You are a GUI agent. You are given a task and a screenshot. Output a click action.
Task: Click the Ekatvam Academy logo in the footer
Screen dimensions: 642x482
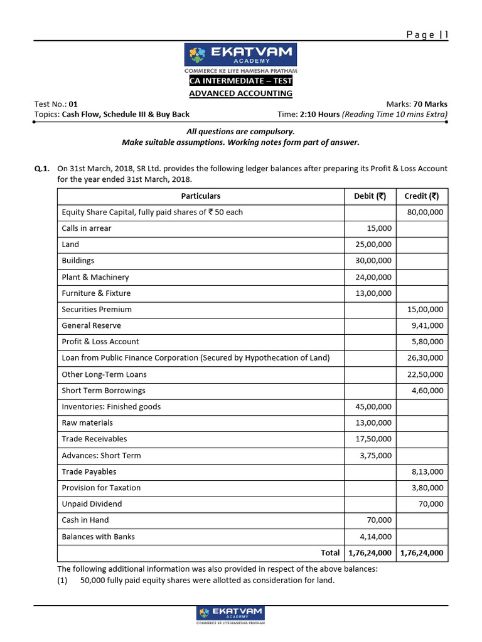(x=230, y=615)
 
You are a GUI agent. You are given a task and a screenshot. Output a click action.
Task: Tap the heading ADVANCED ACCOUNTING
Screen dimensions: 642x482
(x=241, y=93)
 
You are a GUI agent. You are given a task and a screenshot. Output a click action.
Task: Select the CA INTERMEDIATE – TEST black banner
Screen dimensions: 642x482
(x=241, y=81)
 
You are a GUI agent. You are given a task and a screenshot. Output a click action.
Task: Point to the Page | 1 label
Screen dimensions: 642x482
(x=427, y=35)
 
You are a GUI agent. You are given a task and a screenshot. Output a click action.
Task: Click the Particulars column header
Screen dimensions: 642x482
(x=201, y=196)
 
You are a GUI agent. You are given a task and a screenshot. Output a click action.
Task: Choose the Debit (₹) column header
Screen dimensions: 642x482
(x=370, y=196)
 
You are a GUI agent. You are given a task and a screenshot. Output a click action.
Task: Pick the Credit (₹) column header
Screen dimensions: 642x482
(x=422, y=196)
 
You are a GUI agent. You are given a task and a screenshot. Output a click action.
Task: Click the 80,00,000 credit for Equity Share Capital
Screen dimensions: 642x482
(x=425, y=213)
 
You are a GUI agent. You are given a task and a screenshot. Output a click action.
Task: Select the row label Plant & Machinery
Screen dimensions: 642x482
(x=95, y=277)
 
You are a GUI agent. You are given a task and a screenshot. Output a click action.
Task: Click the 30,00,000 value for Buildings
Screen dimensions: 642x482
(x=373, y=261)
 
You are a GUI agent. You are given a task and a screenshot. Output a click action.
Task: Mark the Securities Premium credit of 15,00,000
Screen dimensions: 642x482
(x=425, y=310)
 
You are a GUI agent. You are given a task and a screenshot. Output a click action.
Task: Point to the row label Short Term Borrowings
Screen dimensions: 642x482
(x=104, y=391)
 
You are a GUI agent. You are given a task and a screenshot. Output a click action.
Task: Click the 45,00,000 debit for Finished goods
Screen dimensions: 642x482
(x=373, y=407)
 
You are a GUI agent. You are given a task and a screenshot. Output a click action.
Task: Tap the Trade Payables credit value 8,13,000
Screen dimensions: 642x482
(x=427, y=471)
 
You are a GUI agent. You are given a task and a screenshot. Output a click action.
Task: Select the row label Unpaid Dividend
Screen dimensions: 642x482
(x=92, y=504)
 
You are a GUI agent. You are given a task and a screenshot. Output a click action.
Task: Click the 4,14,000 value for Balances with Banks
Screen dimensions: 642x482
(x=376, y=537)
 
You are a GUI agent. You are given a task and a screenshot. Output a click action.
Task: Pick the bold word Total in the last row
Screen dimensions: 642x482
(x=330, y=553)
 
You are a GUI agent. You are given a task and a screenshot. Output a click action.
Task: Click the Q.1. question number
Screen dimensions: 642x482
(x=41, y=169)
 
